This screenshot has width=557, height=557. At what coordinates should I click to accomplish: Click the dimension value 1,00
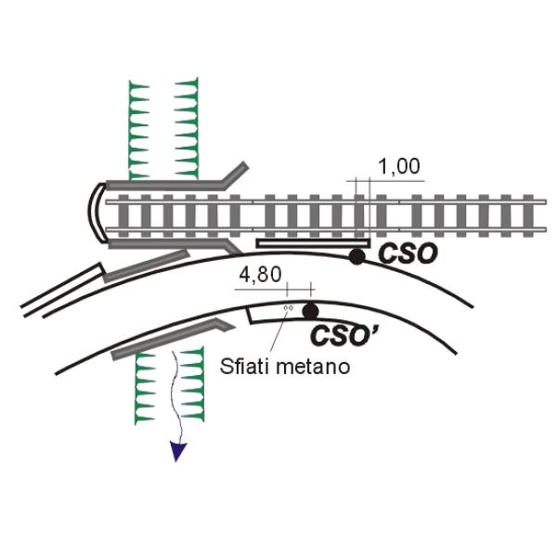(399, 166)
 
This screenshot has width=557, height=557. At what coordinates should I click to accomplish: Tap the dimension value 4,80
(260, 275)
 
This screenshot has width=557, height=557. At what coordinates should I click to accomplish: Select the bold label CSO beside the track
(408, 253)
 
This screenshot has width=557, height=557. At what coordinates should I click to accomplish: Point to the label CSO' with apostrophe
(343, 336)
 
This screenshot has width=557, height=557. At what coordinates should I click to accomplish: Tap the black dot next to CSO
(356, 256)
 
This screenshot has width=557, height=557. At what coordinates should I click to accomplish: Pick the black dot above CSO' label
(310, 311)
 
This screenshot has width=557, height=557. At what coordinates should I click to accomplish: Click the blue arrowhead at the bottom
(177, 451)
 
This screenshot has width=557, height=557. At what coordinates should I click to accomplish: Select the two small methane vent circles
(289, 307)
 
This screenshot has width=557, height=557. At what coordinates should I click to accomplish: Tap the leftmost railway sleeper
(123, 215)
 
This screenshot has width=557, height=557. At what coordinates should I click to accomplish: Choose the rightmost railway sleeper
(528, 215)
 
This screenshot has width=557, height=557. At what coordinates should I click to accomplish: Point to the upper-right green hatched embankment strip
(188, 128)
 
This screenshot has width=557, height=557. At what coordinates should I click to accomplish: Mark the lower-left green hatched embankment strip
(145, 388)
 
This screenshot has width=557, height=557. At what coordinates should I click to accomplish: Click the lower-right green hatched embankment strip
(193, 384)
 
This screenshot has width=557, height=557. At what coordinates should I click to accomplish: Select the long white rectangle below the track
(313, 243)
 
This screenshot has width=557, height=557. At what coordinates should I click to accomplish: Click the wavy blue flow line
(177, 398)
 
